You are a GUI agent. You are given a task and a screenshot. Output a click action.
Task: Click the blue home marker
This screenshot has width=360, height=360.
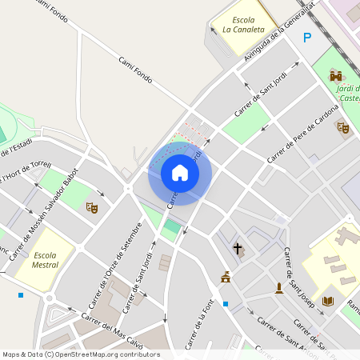tap(180, 172)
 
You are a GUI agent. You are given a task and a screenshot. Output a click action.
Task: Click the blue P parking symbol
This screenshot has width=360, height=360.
tap(307, 38)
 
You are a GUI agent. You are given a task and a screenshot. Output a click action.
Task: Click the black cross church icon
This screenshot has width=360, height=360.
tap(237, 248)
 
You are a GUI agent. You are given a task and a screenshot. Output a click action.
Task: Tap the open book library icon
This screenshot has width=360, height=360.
tap(327, 301)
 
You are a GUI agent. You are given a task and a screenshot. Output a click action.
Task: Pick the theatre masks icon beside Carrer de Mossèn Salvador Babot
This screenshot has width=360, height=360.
tap(92, 208)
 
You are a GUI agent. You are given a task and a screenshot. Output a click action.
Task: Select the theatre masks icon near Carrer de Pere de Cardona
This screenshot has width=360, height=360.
tap(343, 127)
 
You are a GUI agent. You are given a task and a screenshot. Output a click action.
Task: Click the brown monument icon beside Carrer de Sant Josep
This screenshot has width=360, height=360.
tap(278, 287)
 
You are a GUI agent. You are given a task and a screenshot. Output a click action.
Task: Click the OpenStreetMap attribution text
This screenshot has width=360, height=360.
tap(80, 354)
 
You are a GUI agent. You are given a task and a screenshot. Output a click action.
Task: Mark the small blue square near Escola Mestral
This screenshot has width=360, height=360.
tap(21, 295)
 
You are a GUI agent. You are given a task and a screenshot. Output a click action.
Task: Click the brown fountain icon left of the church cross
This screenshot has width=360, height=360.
tap(226, 278)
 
